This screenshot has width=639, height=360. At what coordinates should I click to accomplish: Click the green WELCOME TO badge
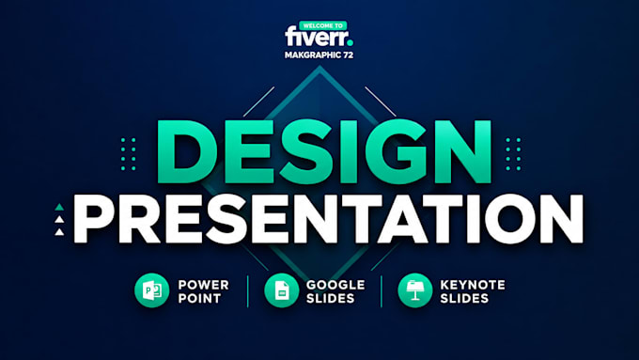coord(322,25)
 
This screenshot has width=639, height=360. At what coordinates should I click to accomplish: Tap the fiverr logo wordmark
coord(317,37)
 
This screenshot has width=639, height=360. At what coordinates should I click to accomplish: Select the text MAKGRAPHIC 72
coord(319,55)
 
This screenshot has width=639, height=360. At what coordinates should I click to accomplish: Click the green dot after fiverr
coord(351,42)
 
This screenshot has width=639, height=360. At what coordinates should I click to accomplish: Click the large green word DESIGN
coord(324,151)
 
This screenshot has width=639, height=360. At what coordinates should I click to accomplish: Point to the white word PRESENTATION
coord(328,219)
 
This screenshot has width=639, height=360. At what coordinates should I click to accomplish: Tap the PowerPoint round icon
coord(152,290)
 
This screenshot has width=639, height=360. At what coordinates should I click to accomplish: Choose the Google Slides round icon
coord(282,290)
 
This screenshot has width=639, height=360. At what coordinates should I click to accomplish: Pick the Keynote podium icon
coord(415,290)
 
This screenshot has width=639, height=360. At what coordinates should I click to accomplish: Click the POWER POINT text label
coord(203,291)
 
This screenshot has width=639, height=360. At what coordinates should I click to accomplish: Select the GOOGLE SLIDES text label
coord(335,291)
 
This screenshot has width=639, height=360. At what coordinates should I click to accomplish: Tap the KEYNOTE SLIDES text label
coord(473,291)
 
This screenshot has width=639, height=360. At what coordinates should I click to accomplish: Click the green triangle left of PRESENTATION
coord(59,207)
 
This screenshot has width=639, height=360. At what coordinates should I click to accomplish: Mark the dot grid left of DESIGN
coord(129,154)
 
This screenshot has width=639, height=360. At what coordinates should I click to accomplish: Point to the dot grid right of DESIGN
coord(513,154)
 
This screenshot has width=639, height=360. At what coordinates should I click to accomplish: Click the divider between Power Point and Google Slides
coord(248,291)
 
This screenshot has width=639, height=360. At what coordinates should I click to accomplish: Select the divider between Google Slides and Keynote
coord(382,291)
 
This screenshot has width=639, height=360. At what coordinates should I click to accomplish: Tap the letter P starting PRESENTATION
coord(93,219)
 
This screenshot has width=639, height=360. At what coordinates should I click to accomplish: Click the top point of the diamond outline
coord(319,67)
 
